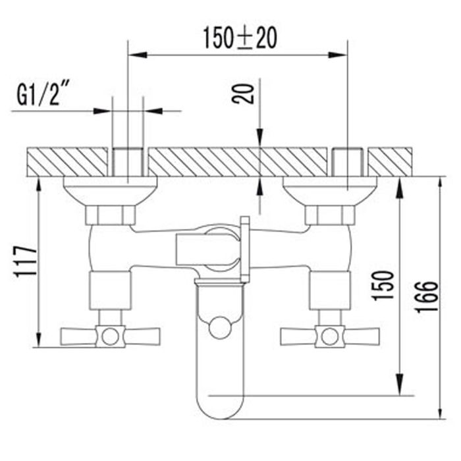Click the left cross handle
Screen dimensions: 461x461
pyautogui.click(x=110, y=337)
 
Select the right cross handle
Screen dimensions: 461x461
pyautogui.click(x=329, y=336)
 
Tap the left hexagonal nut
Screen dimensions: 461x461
pyautogui.click(x=111, y=215)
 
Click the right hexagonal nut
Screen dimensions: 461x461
pyautogui.click(x=329, y=215)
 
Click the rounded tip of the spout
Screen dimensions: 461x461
pyautogui.click(x=221, y=408)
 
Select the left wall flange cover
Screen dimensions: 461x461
pyautogui.click(x=110, y=190)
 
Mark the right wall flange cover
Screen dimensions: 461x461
pyautogui.click(x=329, y=190)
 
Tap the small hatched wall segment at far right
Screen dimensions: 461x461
pyautogui.click(x=391, y=162)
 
